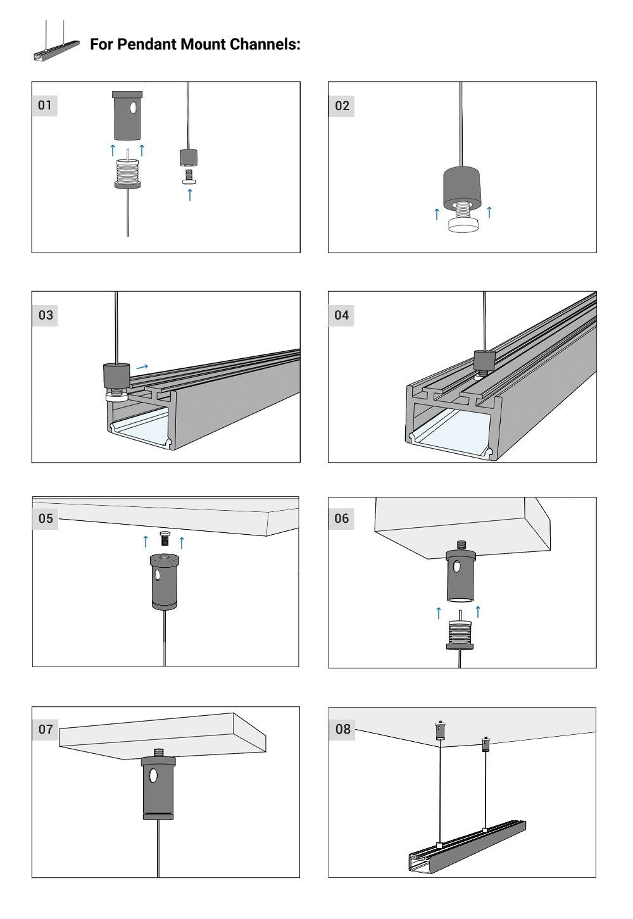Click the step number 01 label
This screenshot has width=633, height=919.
44,105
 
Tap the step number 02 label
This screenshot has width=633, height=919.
342,106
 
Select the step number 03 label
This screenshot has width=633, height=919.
46,315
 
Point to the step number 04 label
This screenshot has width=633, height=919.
342,315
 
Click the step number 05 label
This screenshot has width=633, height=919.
46,518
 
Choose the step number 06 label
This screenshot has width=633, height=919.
342,518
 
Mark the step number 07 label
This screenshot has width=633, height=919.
46,729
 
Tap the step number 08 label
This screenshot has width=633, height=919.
342,729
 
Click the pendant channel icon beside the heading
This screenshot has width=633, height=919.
56,44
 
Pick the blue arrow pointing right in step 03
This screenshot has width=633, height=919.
142,366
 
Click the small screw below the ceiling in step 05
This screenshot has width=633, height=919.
165,539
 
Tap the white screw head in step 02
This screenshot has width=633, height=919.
463,225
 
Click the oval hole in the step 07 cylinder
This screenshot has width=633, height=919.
153,775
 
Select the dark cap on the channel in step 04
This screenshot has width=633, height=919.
484,361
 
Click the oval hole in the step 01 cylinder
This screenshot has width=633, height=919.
133,108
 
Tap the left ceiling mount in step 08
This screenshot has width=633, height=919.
440,730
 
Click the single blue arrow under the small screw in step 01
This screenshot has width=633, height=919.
190,194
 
